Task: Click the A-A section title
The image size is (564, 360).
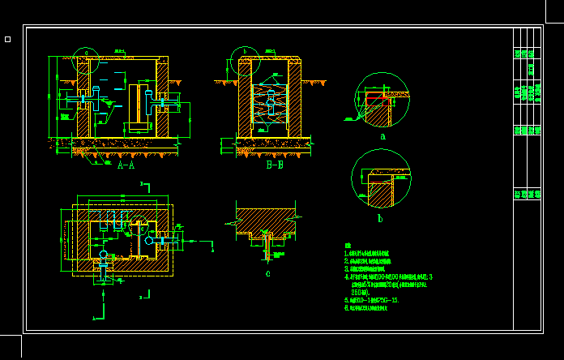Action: coord(126,165)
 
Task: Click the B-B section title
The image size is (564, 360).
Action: coord(275,165)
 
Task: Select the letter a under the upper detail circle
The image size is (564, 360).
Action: coord(382,137)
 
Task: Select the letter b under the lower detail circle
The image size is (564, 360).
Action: coord(380,218)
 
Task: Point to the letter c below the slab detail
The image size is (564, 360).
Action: coord(267,273)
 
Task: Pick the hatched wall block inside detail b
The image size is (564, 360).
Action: coord(380,195)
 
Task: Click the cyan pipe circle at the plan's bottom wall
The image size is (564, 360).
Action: coord(103,255)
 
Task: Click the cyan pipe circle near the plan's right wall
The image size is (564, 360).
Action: coord(147,240)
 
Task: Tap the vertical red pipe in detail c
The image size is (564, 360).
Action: coord(266,246)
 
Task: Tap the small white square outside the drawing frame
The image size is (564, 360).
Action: coord(7,39)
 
